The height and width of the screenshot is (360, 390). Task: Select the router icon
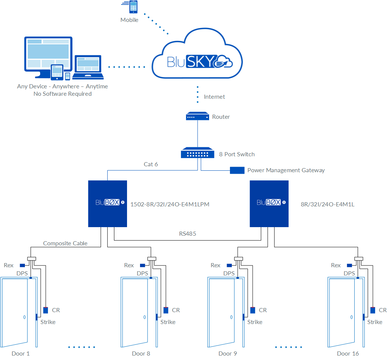197,117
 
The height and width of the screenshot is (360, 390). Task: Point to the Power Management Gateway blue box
237,170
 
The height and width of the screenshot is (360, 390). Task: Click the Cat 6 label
151,164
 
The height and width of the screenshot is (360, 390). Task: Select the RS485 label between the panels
187,234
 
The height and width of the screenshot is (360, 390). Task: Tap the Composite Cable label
65,243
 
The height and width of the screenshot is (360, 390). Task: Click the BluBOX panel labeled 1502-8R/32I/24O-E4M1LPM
107,203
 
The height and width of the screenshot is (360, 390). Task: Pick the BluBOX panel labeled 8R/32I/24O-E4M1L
269,203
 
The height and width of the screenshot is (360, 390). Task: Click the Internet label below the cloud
214,97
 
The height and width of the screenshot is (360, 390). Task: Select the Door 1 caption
20,353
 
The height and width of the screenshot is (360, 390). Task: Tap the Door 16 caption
348,353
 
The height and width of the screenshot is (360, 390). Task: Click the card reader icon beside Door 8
166,310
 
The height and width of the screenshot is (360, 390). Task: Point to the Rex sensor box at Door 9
229,265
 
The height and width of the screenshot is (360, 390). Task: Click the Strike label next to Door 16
375,322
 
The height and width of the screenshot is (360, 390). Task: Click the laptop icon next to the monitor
88,68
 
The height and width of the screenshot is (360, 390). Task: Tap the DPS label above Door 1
22,274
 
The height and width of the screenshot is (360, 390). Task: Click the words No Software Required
62,94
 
